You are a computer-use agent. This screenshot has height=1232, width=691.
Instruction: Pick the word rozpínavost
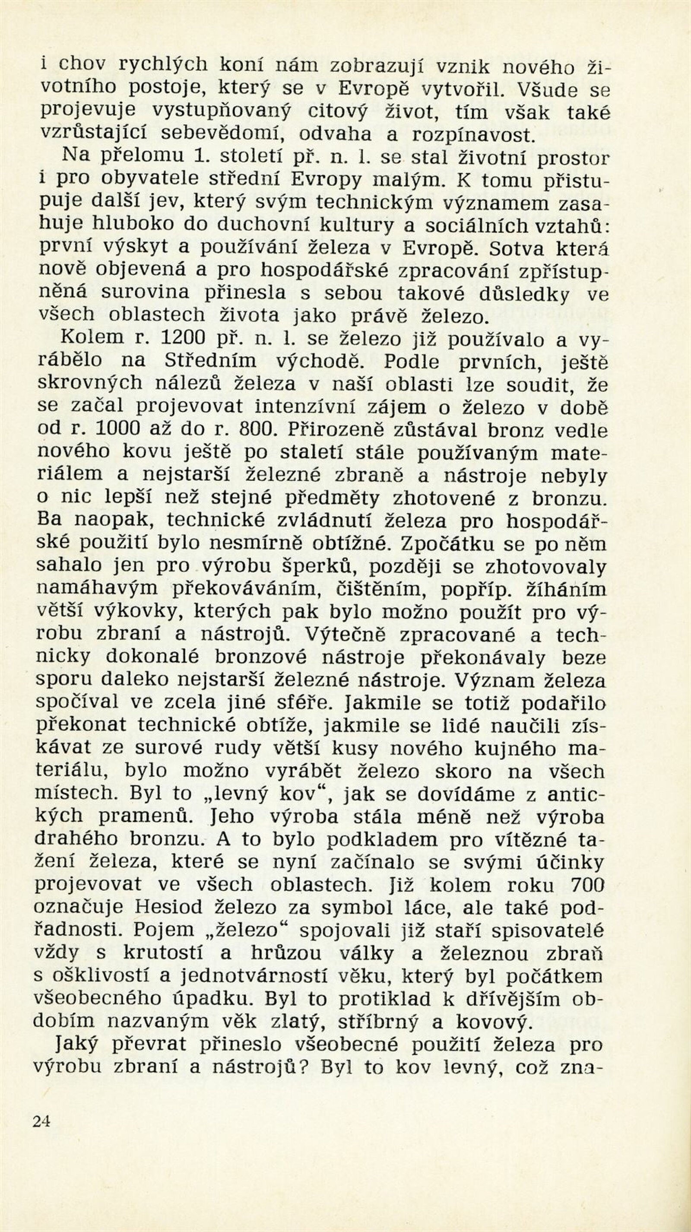tap(473, 135)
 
